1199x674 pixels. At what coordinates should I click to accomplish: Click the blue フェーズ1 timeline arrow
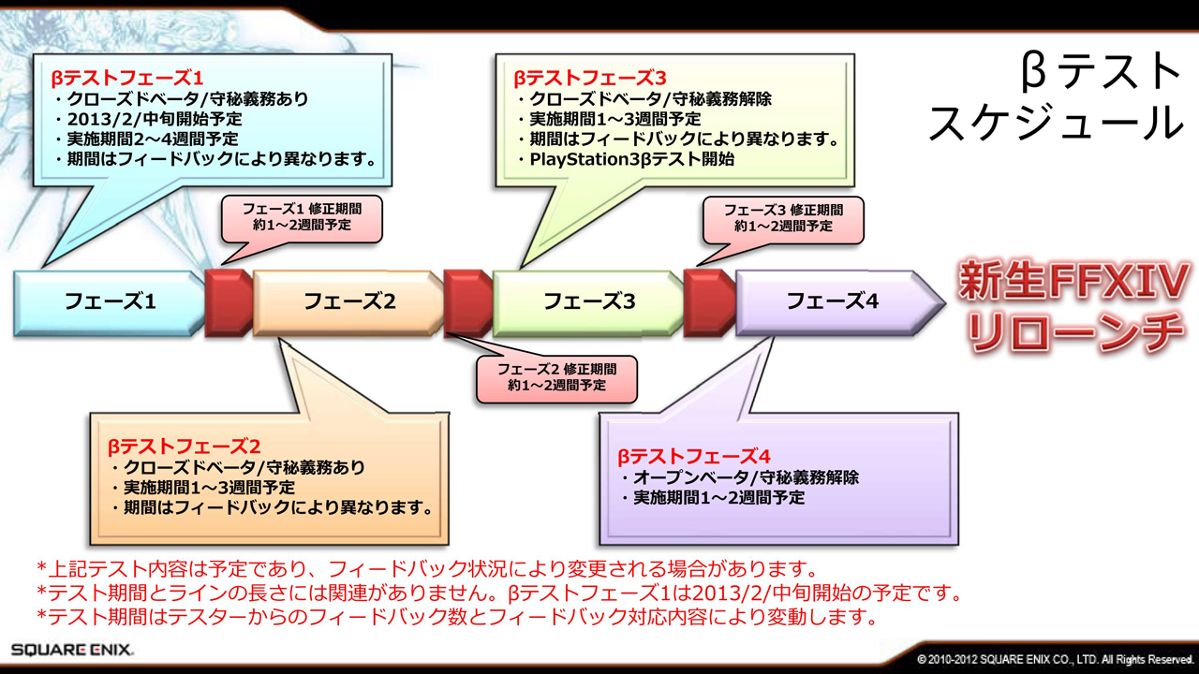coord(108,301)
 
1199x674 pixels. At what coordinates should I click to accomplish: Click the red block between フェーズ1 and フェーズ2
coord(228,301)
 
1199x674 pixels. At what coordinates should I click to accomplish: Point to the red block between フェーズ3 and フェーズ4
coord(708,301)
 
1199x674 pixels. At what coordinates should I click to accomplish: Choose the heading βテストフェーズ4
coord(693,457)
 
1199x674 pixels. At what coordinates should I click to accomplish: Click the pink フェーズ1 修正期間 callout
coord(301,218)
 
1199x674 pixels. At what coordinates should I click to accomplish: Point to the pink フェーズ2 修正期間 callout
coord(556,377)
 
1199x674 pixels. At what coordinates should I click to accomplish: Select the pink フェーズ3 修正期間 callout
coord(782,218)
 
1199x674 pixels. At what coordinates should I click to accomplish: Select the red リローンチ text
coord(1073,333)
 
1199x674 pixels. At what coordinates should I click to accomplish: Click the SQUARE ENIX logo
coord(72,649)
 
